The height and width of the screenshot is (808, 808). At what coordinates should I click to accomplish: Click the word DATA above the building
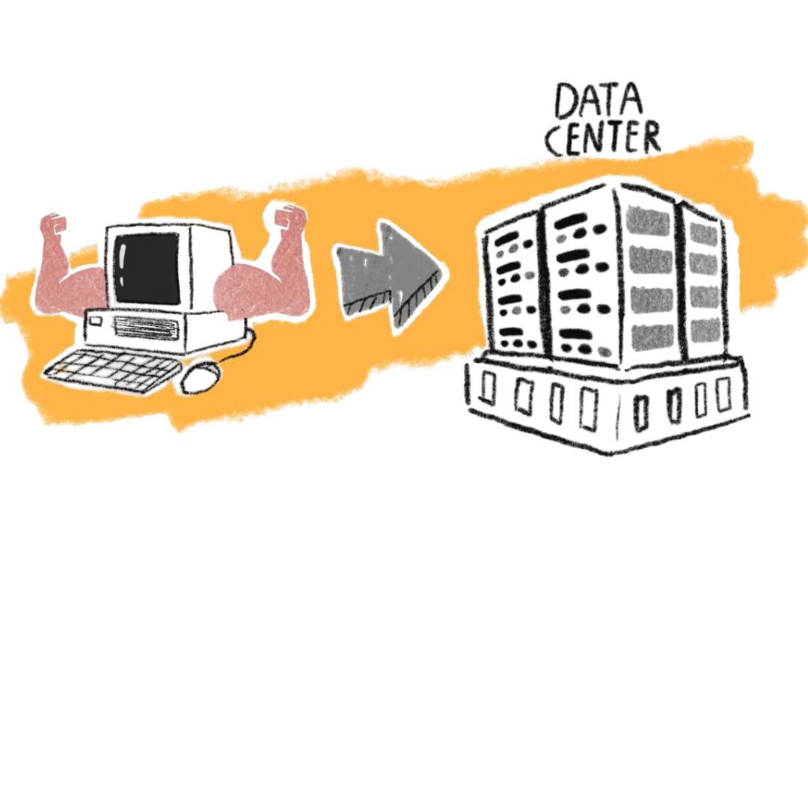click(599, 101)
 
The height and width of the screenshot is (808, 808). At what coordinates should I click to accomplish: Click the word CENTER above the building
click(604, 138)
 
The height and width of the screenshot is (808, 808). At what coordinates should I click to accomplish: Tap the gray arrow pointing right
click(390, 276)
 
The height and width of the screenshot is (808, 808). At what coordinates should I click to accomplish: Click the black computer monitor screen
click(147, 268)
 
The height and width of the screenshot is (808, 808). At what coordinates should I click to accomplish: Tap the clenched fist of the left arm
click(55, 225)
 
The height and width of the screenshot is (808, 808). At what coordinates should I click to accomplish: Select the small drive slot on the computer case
click(96, 322)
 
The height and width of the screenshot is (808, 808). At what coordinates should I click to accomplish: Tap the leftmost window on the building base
click(487, 388)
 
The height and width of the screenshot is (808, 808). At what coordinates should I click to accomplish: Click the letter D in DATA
click(565, 102)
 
